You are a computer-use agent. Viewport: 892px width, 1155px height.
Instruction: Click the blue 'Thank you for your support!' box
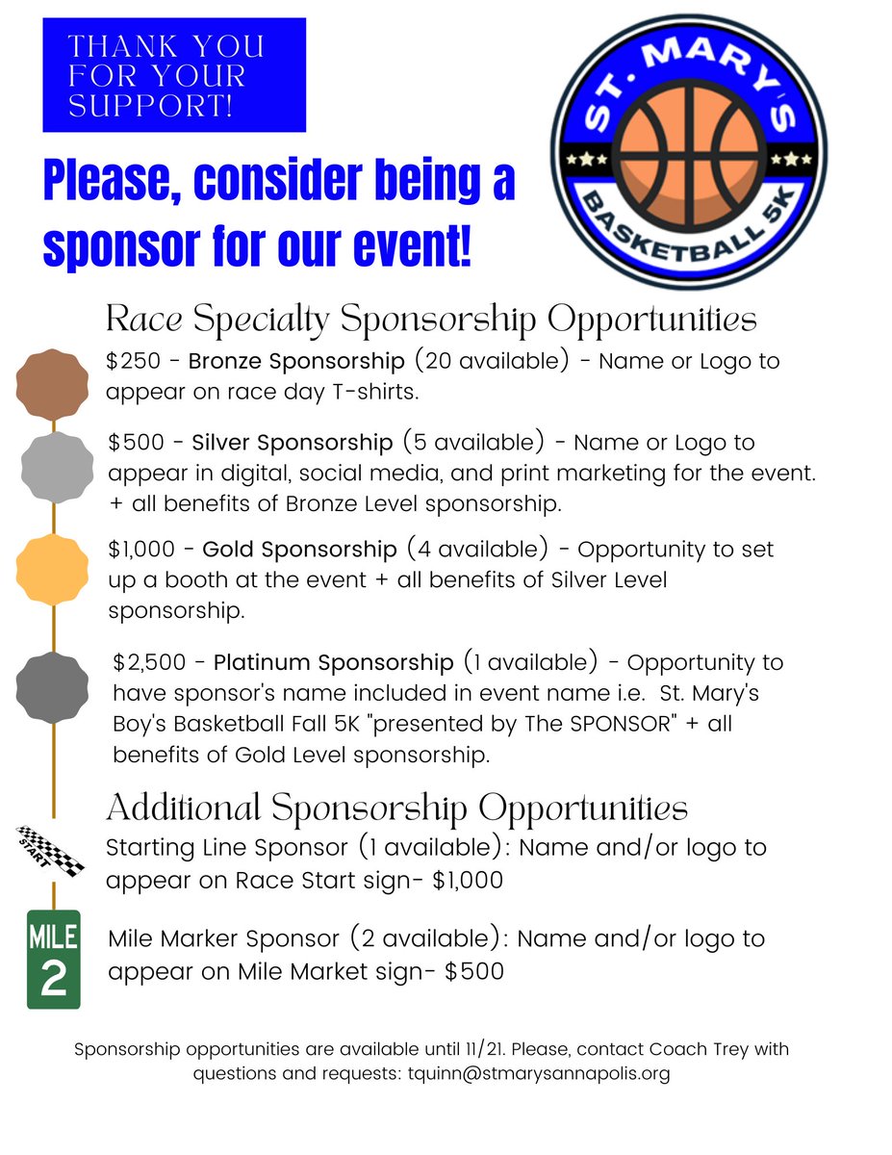coord(174,75)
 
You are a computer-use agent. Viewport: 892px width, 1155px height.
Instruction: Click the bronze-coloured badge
coord(53,384)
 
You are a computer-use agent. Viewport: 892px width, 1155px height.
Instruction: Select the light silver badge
coord(57,467)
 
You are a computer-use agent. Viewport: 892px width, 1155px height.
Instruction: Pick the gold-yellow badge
coord(53,569)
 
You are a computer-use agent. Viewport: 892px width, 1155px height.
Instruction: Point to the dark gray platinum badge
coord(53,687)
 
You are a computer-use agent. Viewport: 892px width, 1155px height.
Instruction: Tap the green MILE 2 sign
coord(54,959)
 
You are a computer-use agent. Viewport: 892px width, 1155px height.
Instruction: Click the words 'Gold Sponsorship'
coord(299,550)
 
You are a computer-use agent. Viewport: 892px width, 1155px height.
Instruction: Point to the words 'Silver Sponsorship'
coord(293,443)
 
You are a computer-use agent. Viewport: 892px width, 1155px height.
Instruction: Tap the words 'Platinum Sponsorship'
coord(333,663)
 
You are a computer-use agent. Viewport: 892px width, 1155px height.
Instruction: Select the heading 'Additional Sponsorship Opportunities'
coord(396,808)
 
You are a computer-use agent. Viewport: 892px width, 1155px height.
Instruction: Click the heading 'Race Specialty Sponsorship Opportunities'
coord(431,319)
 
